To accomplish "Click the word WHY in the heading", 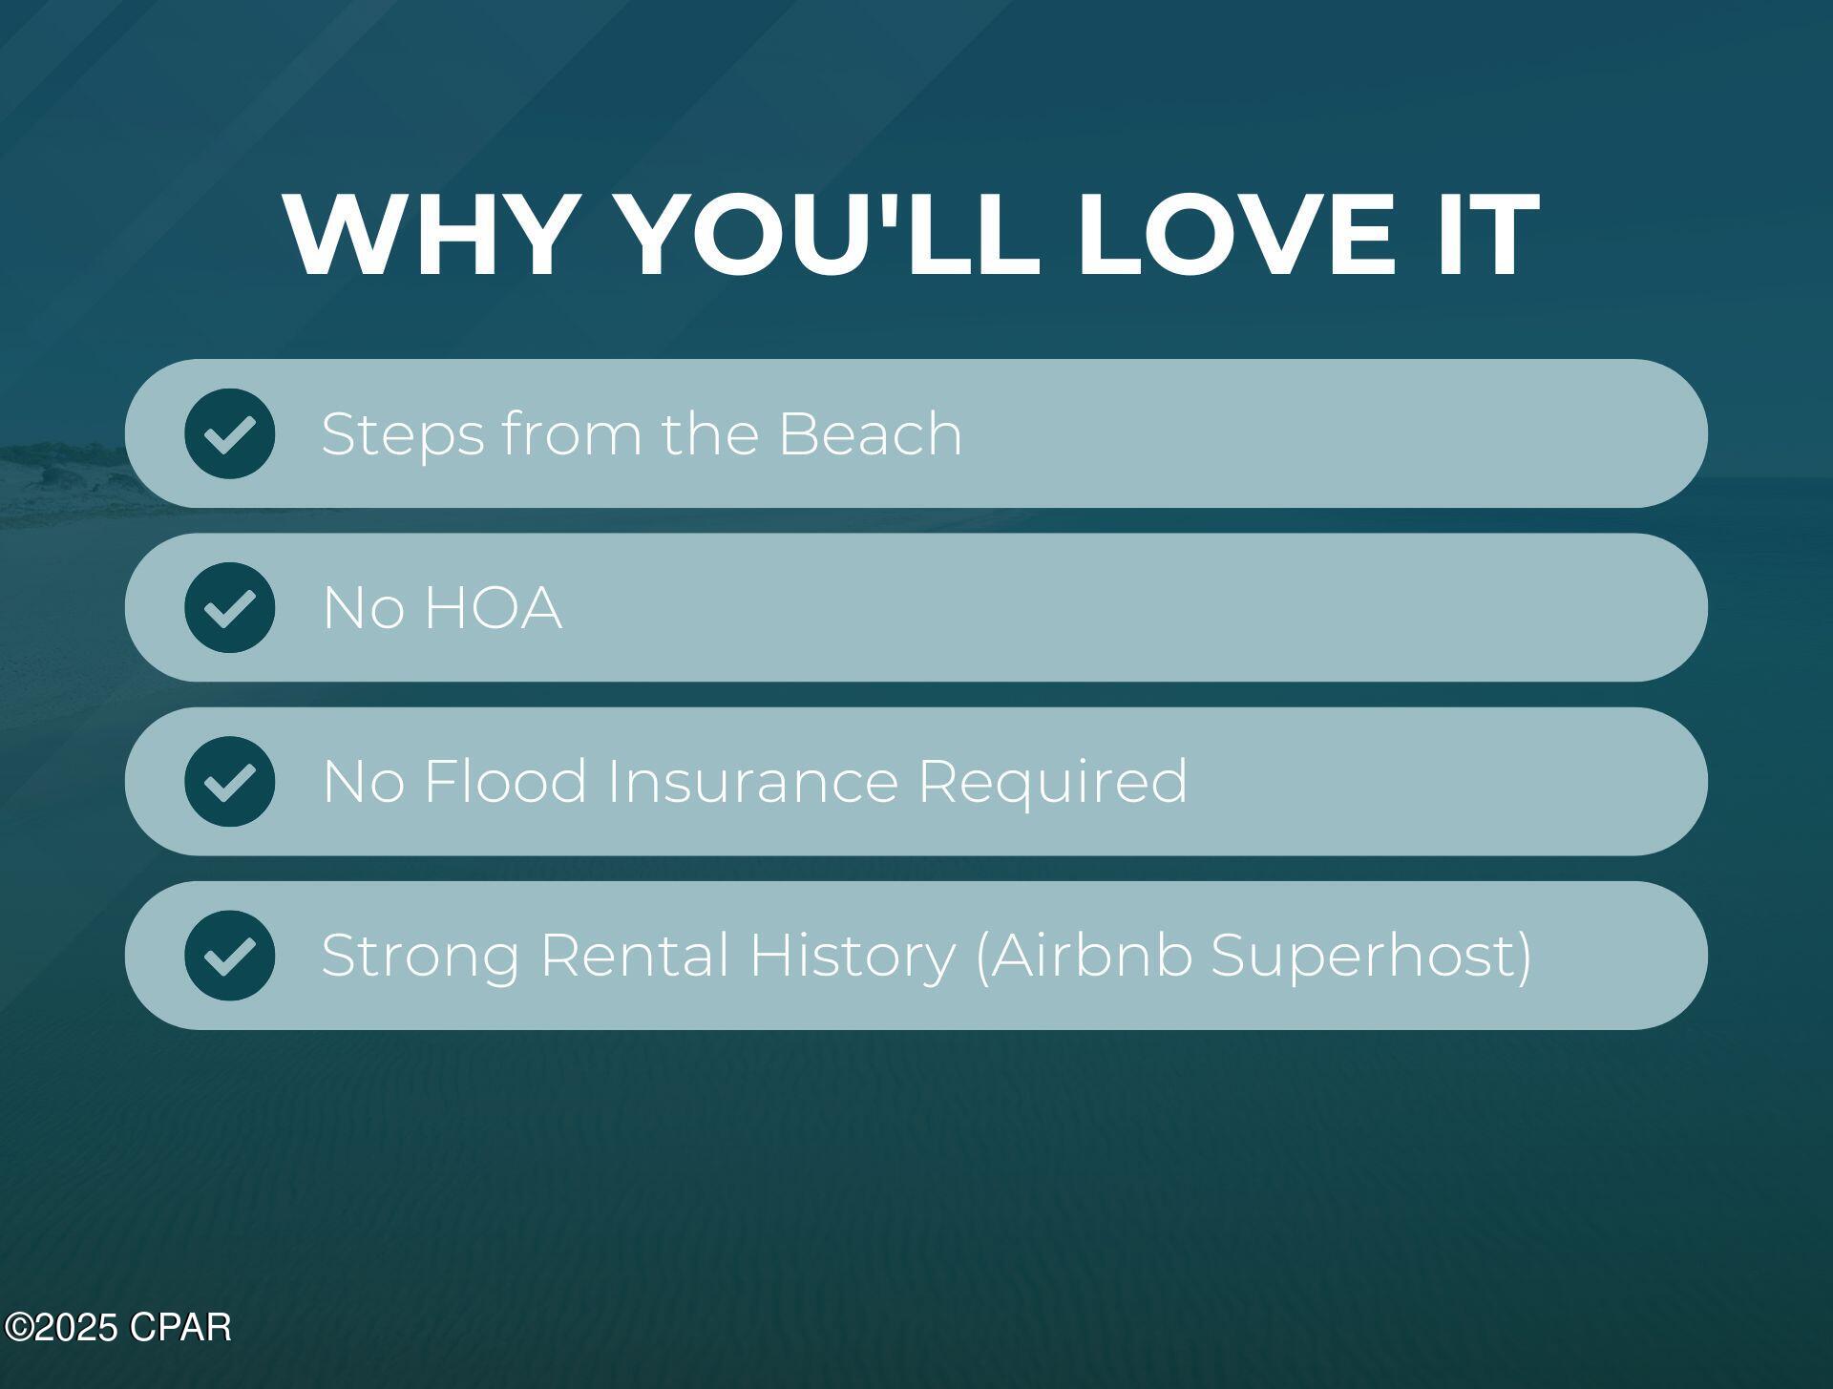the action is coord(427,234).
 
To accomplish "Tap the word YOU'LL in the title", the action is coord(829,234).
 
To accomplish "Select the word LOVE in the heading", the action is coord(1236,234).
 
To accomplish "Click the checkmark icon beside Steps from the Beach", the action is coord(230,433).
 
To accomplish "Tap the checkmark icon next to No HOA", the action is coord(230,607).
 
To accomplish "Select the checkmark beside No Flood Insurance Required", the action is coord(230,781).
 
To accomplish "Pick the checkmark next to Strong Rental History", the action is coord(230,955).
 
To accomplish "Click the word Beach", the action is coord(871,433).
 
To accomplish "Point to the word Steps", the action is coord(403,436).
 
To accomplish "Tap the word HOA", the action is coord(493,607).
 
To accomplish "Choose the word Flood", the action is coord(505,781).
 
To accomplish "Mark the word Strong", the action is coord(421,957).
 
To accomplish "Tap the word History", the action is coord(853,957).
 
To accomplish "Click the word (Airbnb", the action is coord(1084,956).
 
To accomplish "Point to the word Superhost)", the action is coord(1372,957).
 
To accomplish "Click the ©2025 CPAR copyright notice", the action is coord(118,1327).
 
